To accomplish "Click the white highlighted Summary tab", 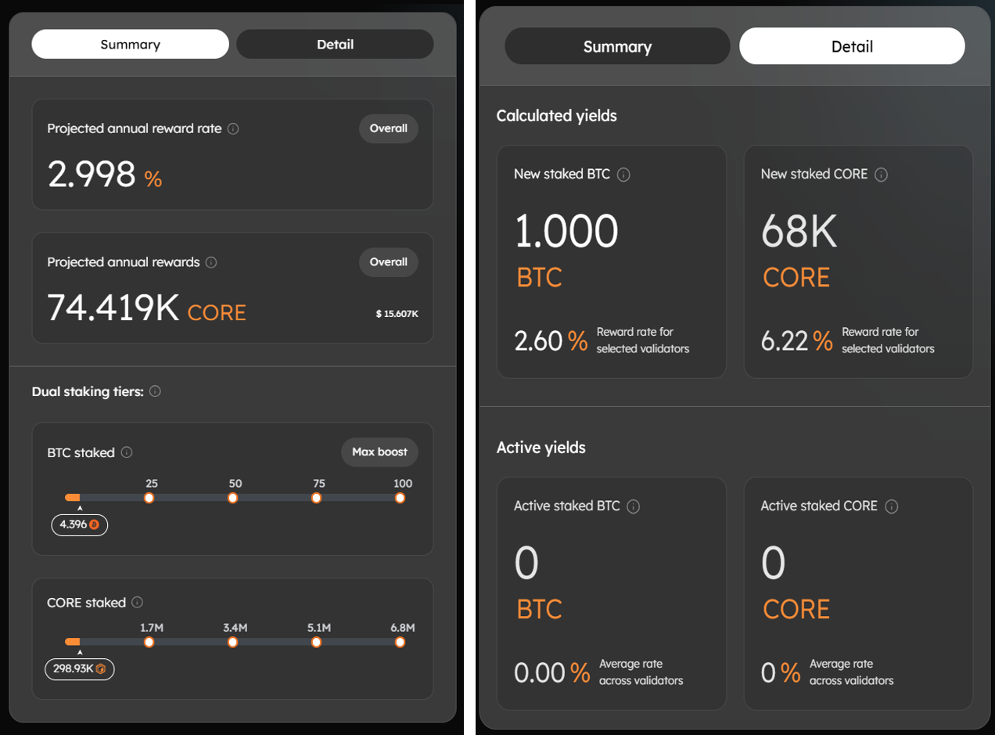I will [x=130, y=45].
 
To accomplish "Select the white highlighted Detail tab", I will [x=852, y=47].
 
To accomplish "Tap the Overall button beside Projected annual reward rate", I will [x=389, y=129].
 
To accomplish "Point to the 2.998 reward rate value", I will [x=92, y=174].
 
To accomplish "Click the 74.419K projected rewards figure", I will [x=113, y=308].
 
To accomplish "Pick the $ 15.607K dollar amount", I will [x=397, y=314].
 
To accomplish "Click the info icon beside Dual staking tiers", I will [x=155, y=391].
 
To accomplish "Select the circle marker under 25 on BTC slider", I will [x=149, y=498].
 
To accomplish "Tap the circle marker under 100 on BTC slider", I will [x=400, y=498].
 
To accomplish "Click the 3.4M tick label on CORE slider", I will [x=235, y=628].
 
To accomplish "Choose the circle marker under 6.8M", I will [x=400, y=643].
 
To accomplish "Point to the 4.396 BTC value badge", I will [x=79, y=524].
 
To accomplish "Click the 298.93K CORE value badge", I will [x=79, y=669].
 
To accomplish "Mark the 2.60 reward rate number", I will [x=538, y=340].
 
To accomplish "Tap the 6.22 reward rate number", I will [x=785, y=340].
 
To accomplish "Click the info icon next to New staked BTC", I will [x=623, y=175].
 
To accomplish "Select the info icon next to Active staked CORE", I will [x=891, y=506].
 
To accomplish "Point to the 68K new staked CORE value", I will [x=799, y=232].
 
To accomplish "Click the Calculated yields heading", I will [x=556, y=116].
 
